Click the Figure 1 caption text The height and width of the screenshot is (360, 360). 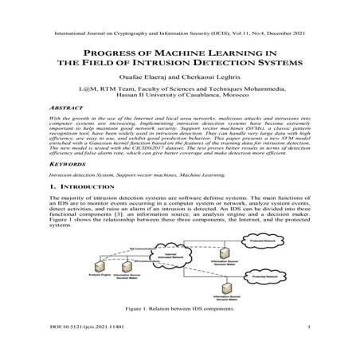[179, 308]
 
